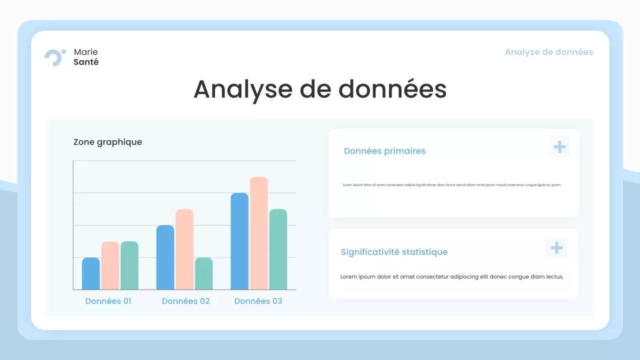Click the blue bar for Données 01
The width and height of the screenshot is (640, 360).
[91, 273]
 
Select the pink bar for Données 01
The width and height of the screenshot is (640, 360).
[110, 265]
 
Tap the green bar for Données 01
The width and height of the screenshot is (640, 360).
[129, 265]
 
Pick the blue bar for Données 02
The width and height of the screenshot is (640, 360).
[165, 257]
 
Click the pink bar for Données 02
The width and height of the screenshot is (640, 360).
[184, 249]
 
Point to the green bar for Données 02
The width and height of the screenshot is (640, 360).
[203, 273]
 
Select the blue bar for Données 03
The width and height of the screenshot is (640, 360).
[239, 241]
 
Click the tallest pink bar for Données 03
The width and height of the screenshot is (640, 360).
[259, 233]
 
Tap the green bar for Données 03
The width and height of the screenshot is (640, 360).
[278, 249]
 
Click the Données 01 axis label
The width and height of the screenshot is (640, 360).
[108, 301]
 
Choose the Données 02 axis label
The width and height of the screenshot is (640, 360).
[185, 301]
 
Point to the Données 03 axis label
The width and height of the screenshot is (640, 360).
[258, 301]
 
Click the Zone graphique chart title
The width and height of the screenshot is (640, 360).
[107, 142]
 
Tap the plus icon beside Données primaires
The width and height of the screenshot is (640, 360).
[559, 147]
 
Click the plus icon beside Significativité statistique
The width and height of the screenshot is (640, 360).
[556, 248]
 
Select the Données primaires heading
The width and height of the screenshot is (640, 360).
[384, 151]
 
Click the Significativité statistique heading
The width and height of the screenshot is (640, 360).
[394, 252]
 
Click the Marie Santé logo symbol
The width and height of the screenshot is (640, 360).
[54, 57]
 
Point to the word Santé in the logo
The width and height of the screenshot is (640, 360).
[86, 62]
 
